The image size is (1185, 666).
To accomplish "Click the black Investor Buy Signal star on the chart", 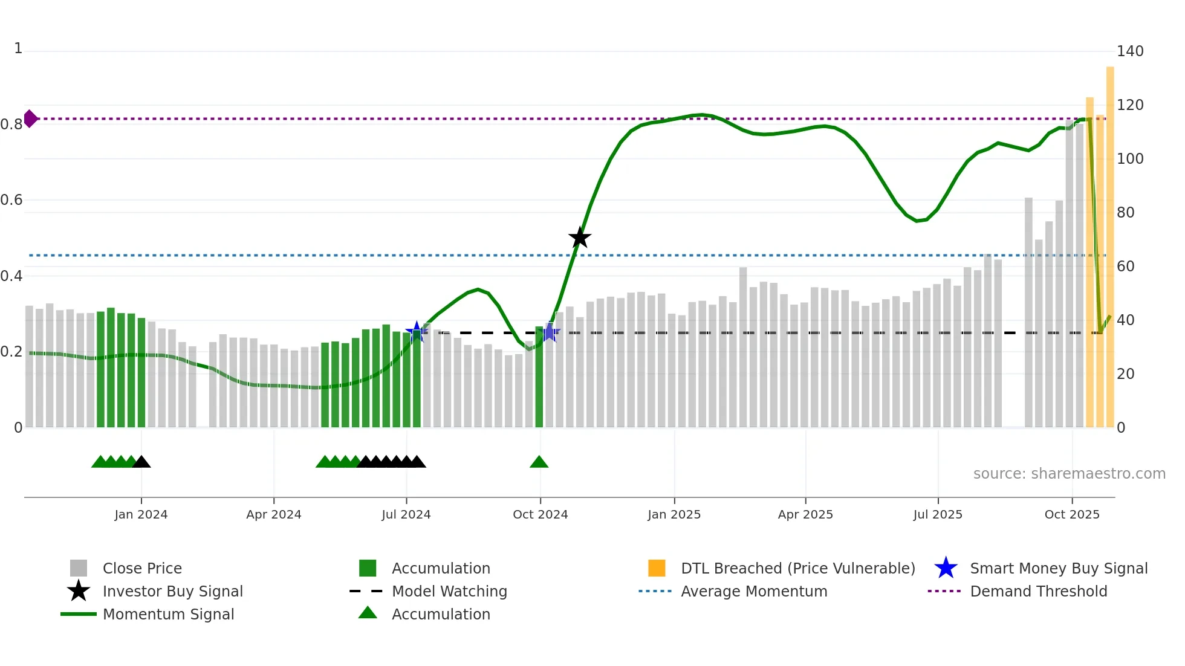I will (x=580, y=238).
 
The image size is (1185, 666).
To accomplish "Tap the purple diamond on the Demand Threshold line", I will (x=30, y=118).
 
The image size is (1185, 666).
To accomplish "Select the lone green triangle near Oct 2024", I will (x=539, y=462).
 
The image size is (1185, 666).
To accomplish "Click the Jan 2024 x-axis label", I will (x=141, y=514).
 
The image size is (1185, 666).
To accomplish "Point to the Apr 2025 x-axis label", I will (x=805, y=514).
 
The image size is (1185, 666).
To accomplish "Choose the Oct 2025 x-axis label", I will (x=1072, y=514).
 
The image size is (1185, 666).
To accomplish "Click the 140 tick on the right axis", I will (x=1130, y=51).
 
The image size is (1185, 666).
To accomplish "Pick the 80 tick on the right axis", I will (x=1126, y=213).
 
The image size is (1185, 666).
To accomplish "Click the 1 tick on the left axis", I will (x=18, y=48).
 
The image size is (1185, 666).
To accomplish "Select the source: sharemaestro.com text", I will (x=1069, y=474).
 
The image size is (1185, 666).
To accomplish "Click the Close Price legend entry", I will (x=142, y=568).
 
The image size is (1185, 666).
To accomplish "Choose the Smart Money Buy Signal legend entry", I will (x=1059, y=568).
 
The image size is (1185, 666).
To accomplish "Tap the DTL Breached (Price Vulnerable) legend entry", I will (x=797, y=568).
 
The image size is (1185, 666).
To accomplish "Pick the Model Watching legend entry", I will (x=449, y=591).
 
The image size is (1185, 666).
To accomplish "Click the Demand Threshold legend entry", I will (x=1038, y=591).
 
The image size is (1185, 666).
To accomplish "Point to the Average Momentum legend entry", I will (x=754, y=591).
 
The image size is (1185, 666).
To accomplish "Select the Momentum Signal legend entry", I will (x=168, y=614).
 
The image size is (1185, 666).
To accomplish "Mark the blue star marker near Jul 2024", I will (x=416, y=332).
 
